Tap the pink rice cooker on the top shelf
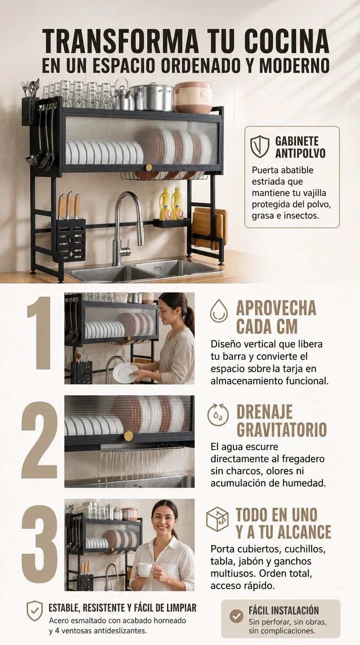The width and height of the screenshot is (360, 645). tap(194, 97)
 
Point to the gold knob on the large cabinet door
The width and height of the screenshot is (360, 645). tap(149, 167)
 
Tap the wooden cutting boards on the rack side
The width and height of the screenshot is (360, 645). tap(210, 229)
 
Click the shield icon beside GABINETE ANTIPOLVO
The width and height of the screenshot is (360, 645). tap(260, 146)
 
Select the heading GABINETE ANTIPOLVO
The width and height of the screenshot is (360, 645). tap(300, 147)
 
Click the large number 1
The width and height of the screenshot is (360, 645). tap(39, 333)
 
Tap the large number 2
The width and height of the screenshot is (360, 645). tap(39, 440)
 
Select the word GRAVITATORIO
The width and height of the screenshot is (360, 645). tap(282, 430)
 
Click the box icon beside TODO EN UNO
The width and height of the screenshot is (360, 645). tap(217, 519)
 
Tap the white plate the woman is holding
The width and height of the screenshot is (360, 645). tap(125, 373)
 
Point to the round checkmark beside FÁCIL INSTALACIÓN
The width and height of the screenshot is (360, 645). tap(236, 616)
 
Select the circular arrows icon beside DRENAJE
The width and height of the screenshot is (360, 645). tap(218, 415)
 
